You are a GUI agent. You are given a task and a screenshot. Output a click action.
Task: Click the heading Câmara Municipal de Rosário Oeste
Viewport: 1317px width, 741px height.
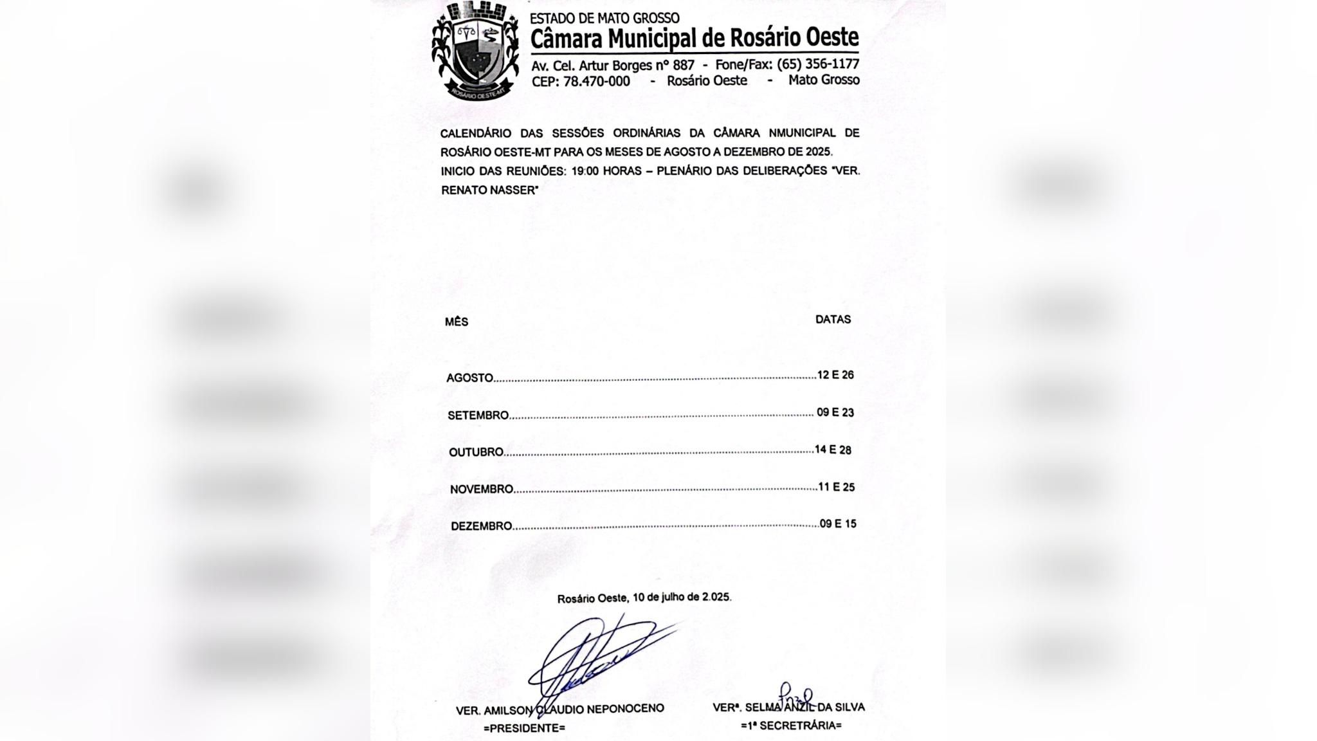[695, 39]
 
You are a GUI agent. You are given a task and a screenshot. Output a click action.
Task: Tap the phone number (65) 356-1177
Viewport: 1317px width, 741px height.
[818, 64]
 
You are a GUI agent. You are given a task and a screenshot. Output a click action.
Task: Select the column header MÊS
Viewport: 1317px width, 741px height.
[457, 322]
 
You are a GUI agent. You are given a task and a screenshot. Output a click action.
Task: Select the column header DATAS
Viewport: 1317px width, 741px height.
[833, 319]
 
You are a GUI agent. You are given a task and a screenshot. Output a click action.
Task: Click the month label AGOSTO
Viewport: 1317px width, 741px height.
[470, 378]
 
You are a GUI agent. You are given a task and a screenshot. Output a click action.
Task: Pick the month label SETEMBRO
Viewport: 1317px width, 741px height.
[478, 416]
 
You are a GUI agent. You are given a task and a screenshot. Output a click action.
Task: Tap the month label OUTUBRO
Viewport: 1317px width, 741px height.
[476, 452]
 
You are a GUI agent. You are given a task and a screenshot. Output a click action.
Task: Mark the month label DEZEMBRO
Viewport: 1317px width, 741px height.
[482, 526]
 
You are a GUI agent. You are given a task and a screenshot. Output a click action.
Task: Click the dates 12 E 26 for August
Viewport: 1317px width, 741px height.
[835, 375]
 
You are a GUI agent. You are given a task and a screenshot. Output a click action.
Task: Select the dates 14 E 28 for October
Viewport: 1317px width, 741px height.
[833, 450]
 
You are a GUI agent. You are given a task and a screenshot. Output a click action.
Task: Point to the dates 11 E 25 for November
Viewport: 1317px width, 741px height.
[837, 487]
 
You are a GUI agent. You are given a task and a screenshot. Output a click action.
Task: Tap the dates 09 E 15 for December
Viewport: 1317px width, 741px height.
[838, 524]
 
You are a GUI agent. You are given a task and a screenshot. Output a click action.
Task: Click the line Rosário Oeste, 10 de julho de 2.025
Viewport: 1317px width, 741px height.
[644, 598]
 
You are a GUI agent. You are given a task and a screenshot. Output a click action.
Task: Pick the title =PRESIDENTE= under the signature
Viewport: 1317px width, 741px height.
[524, 728]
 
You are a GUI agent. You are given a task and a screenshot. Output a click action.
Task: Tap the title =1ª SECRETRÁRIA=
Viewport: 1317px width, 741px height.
[791, 726]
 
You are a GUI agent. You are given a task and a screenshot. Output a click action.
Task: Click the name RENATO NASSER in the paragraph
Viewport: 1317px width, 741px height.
[489, 190]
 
